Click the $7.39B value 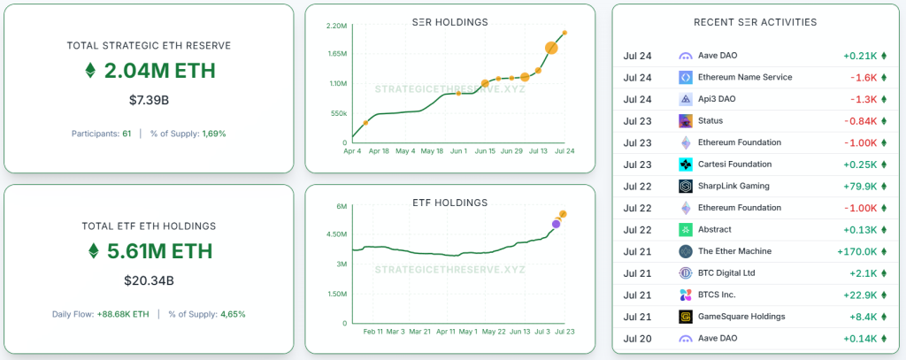(149, 100)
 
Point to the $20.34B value (149, 281)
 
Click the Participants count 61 (127, 134)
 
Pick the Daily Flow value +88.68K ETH (123, 314)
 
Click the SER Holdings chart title (449, 22)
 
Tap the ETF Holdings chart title (450, 203)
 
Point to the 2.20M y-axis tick (336, 26)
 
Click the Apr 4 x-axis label (352, 151)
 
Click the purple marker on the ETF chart (556, 224)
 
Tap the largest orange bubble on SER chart (550, 48)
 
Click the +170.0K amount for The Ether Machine (856, 251)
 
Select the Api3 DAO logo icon (686, 99)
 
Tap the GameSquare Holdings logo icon (686, 317)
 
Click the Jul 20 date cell (637, 339)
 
